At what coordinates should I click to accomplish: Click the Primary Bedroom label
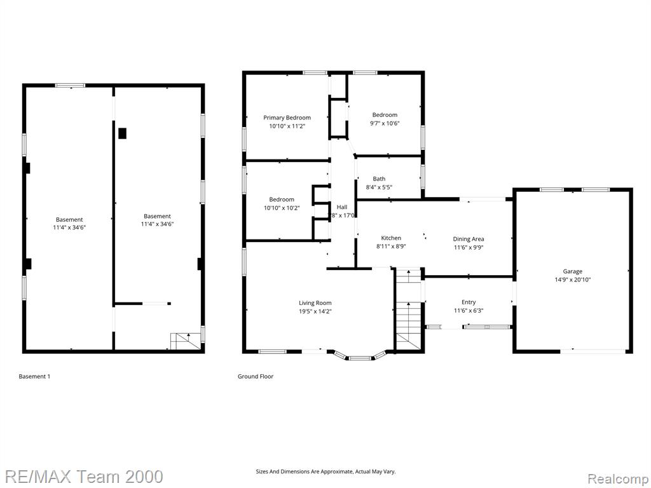click(x=287, y=118)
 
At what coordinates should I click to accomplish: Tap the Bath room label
click(x=379, y=179)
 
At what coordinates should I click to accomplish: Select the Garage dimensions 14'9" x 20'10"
click(x=573, y=280)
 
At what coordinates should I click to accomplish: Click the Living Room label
click(x=315, y=303)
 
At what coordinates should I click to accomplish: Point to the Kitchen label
click(x=391, y=238)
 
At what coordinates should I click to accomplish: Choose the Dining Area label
click(x=469, y=239)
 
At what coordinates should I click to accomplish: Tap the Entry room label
click(x=469, y=302)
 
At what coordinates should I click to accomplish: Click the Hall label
click(x=342, y=207)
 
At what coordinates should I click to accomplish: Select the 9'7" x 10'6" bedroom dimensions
click(x=385, y=123)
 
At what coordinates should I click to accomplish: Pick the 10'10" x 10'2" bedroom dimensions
click(x=282, y=208)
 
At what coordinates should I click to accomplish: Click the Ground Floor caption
click(x=256, y=376)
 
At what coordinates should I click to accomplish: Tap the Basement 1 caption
click(x=34, y=376)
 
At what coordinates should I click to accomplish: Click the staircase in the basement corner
click(x=182, y=341)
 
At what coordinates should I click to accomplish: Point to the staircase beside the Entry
click(x=409, y=310)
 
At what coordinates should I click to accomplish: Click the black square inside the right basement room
click(x=122, y=133)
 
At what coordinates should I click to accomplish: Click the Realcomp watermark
click(x=618, y=479)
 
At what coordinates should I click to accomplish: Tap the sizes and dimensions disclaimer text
click(x=325, y=471)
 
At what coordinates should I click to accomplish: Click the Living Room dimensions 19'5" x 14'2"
click(x=315, y=311)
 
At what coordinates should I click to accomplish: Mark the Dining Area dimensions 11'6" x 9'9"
click(x=469, y=248)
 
